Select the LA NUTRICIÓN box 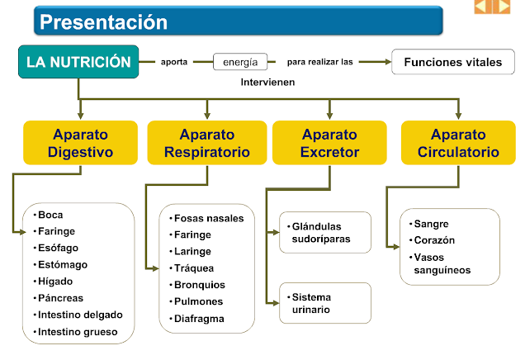78,62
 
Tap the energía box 240,62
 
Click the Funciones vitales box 452,62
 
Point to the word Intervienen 267,83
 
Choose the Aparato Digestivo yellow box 80,143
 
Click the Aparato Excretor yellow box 329,143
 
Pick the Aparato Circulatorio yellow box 458,143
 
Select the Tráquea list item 194,268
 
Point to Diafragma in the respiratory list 199,318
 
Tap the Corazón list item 436,239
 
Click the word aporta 174,62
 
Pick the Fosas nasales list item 209,218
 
